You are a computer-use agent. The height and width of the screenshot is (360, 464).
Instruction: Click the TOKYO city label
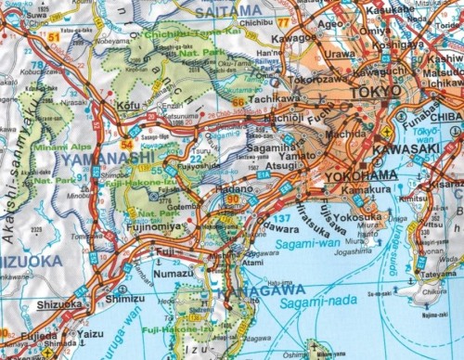pyautogui.click(x=376, y=92)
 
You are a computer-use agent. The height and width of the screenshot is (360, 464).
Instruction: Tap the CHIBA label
pyautogui.click(x=446, y=116)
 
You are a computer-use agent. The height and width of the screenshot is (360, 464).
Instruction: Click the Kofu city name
pyautogui.click(x=129, y=107)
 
